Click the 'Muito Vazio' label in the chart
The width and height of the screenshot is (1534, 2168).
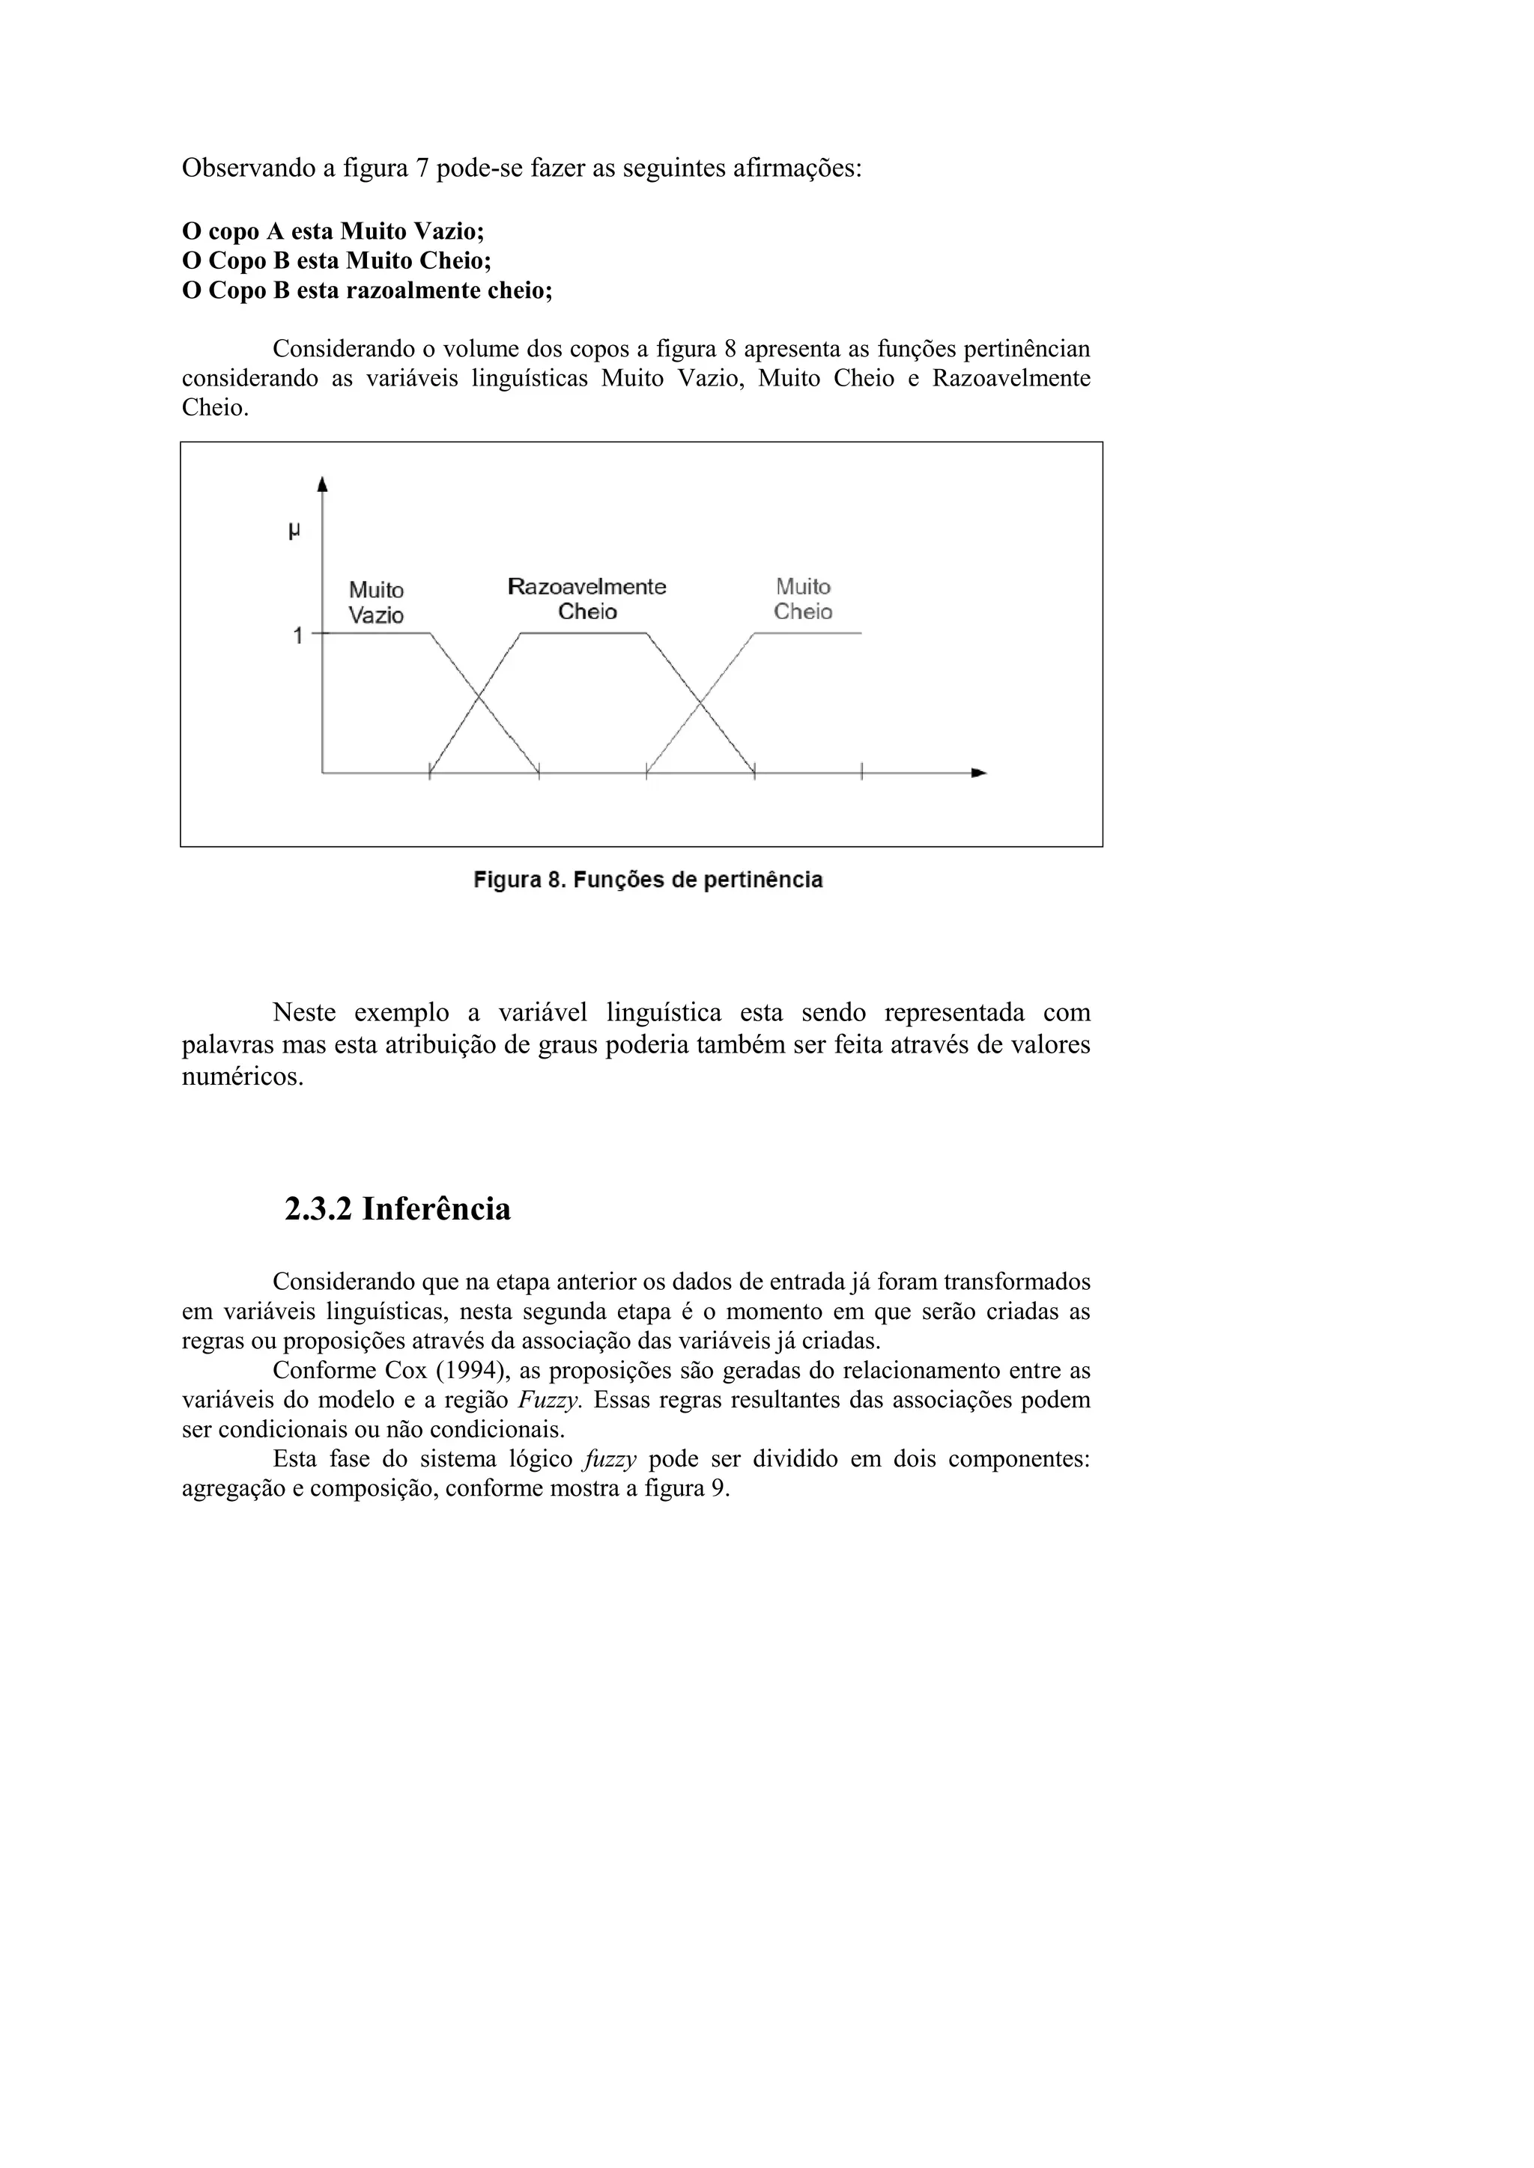(376, 603)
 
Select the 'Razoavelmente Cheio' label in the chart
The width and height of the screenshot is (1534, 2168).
(586, 599)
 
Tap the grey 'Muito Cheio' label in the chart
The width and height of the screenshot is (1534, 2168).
(803, 599)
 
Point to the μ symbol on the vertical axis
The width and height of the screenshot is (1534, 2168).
(294, 532)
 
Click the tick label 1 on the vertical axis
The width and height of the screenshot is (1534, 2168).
(297, 636)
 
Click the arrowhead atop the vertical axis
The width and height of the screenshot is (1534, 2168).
(322, 484)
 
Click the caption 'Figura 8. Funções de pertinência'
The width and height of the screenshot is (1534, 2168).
(648, 880)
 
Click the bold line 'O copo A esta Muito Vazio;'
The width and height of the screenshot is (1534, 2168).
(333, 231)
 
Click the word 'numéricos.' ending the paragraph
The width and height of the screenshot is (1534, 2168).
(243, 1077)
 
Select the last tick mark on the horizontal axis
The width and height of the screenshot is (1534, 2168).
(861, 773)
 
